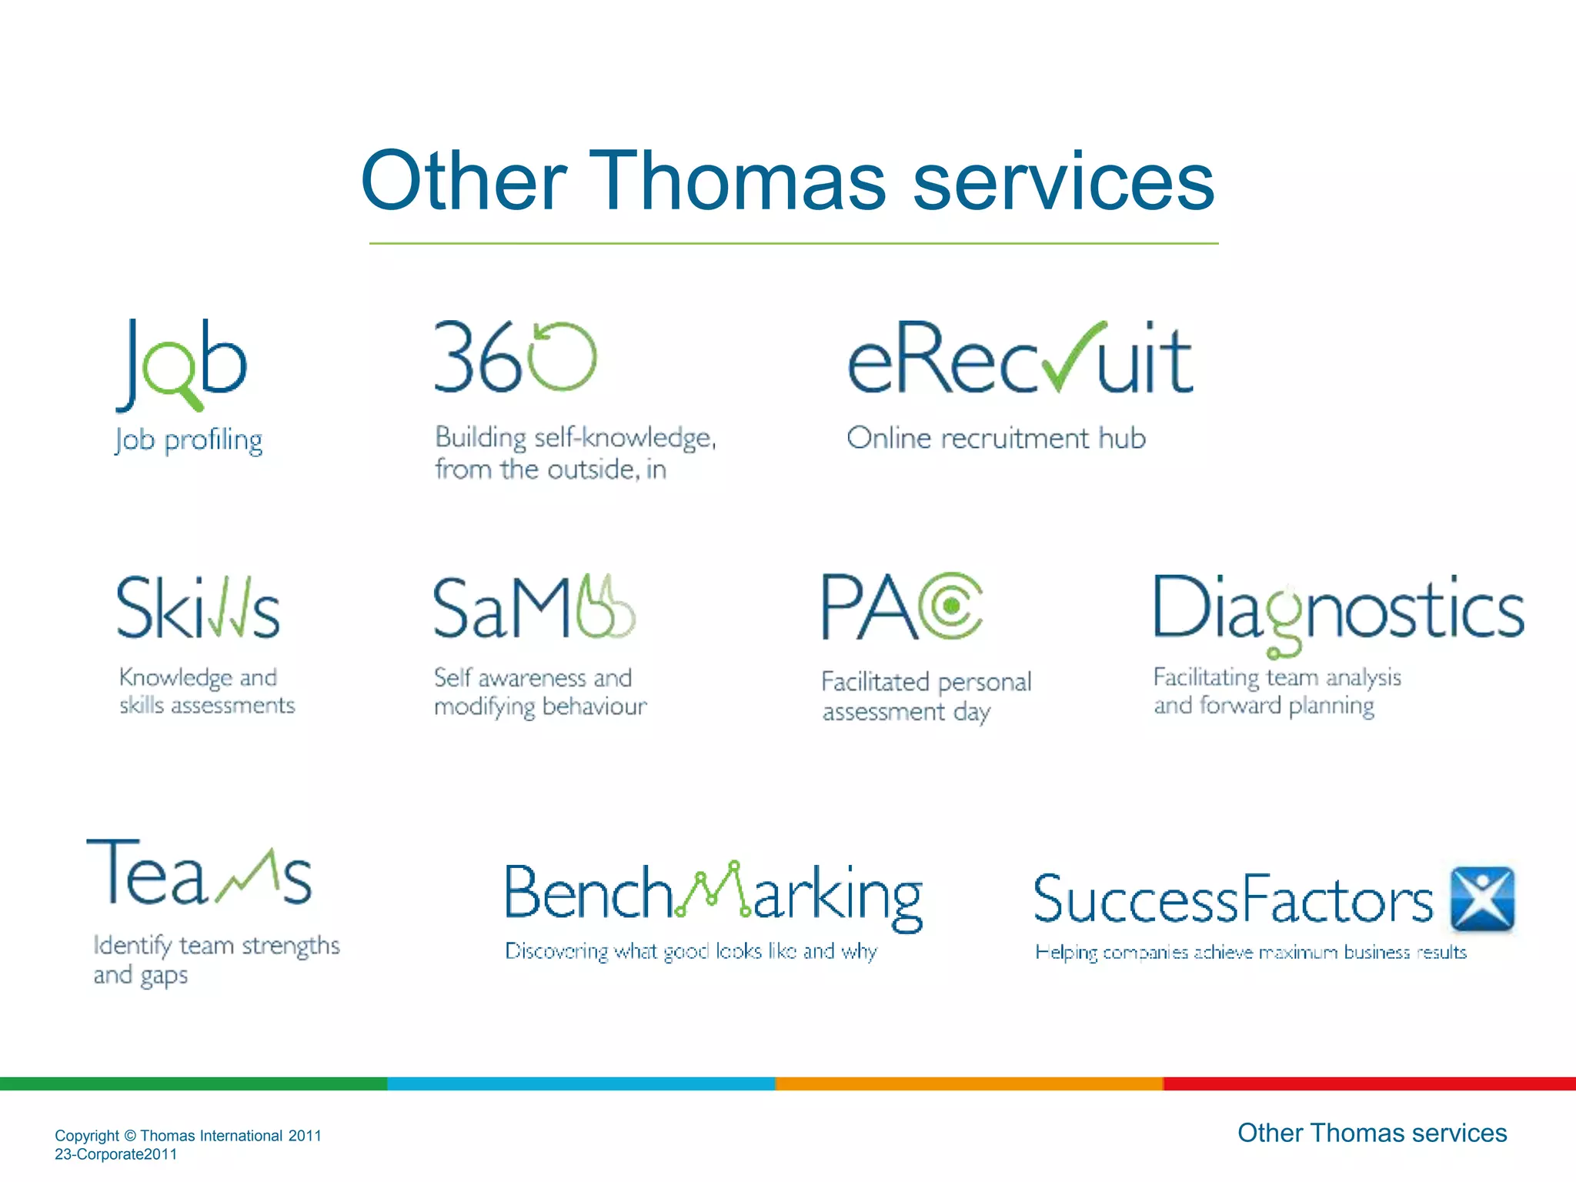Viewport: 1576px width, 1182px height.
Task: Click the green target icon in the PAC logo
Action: pos(953,606)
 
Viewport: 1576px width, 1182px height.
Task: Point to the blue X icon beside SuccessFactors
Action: pos(1481,899)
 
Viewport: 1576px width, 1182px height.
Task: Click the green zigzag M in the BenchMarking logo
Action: pos(713,891)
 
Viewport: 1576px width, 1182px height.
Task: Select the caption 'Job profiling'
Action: pos(189,440)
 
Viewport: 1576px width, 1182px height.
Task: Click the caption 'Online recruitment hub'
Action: pos(996,438)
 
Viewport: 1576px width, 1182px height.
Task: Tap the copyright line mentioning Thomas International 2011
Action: pos(188,1136)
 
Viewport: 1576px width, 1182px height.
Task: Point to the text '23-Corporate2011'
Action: pos(115,1154)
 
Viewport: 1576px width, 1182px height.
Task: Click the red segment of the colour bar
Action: pos(1369,1083)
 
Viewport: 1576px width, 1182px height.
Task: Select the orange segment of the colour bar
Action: pos(969,1083)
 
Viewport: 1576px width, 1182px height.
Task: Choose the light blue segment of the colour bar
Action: pos(581,1083)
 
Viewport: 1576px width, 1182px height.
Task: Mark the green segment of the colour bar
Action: pos(193,1083)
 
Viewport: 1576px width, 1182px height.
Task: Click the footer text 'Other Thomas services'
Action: pos(1371,1133)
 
